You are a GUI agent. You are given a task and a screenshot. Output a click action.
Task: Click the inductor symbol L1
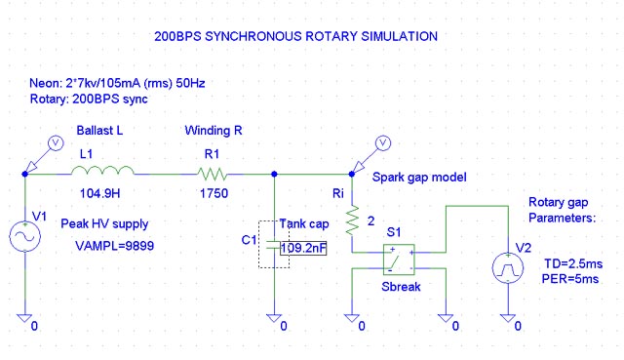pyautogui.click(x=102, y=172)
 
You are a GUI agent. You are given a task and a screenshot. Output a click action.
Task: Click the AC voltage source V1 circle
pyautogui.click(x=22, y=238)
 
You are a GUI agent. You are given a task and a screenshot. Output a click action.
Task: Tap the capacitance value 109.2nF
pyautogui.click(x=302, y=248)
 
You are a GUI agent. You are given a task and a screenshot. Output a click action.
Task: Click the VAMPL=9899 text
pyautogui.click(x=114, y=246)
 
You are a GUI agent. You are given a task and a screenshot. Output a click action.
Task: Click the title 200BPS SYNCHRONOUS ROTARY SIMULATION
pyautogui.click(x=296, y=36)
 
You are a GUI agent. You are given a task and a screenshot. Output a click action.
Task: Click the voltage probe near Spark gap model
pyautogui.click(x=383, y=144)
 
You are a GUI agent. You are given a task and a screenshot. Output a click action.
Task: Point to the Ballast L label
pyautogui.click(x=99, y=131)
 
